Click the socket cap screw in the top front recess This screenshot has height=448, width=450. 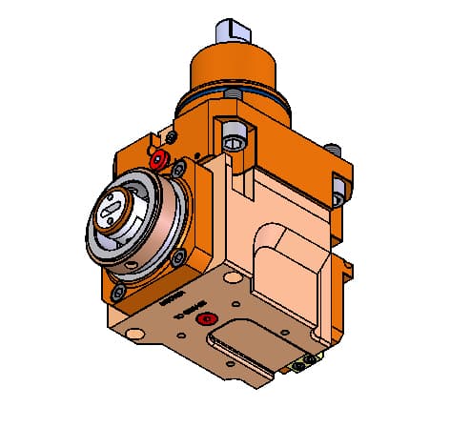[x=235, y=143]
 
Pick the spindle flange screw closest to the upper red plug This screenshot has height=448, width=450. [x=177, y=170]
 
